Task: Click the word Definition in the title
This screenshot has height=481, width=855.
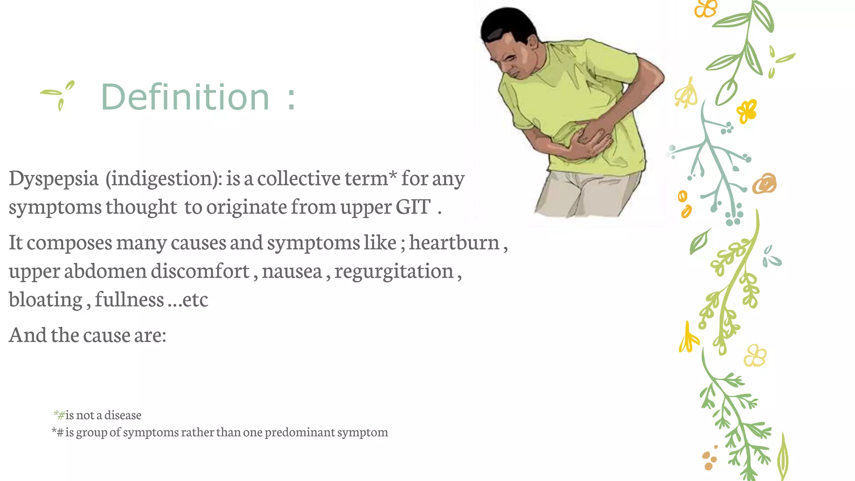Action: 185,97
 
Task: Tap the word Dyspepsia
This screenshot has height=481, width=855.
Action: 53,179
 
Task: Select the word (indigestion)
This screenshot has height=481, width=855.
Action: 164,179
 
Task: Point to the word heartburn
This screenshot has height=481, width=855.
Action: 454,243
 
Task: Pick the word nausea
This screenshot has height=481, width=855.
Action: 292,271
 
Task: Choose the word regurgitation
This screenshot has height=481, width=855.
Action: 394,271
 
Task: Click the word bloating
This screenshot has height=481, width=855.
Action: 46,300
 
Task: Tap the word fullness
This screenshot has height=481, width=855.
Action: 129,300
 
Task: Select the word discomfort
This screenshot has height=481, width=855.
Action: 200,271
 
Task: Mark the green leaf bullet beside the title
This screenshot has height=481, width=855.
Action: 59,94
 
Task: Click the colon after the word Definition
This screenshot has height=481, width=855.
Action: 291,99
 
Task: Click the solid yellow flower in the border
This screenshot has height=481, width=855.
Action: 747,111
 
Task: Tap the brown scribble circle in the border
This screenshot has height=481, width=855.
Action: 764,183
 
